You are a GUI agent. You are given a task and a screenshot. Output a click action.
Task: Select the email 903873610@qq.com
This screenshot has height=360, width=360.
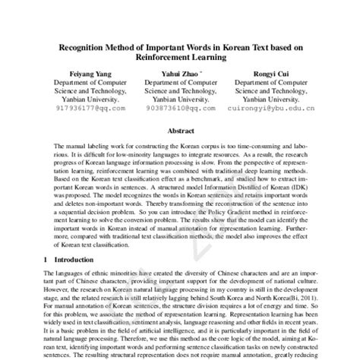tap(179, 109)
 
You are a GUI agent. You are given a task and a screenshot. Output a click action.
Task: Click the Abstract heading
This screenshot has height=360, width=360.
tap(180, 131)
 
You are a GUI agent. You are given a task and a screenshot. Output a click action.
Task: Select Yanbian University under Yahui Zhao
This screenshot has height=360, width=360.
tap(179, 98)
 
